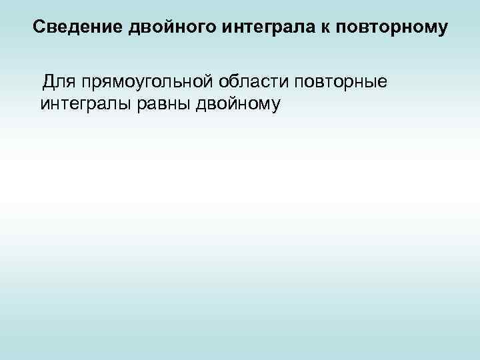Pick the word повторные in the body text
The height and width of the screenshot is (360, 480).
pos(341,83)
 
